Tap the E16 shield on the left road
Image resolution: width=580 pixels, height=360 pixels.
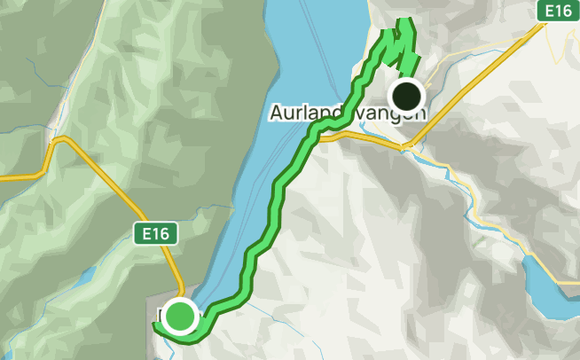156,234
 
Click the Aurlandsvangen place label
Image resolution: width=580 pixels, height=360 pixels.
347,113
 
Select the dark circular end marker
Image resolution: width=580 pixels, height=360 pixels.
407,94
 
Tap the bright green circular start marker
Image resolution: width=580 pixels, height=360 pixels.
181,316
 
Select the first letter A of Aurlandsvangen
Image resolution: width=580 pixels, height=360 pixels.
274,113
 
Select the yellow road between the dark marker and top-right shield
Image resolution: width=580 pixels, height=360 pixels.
479,70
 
